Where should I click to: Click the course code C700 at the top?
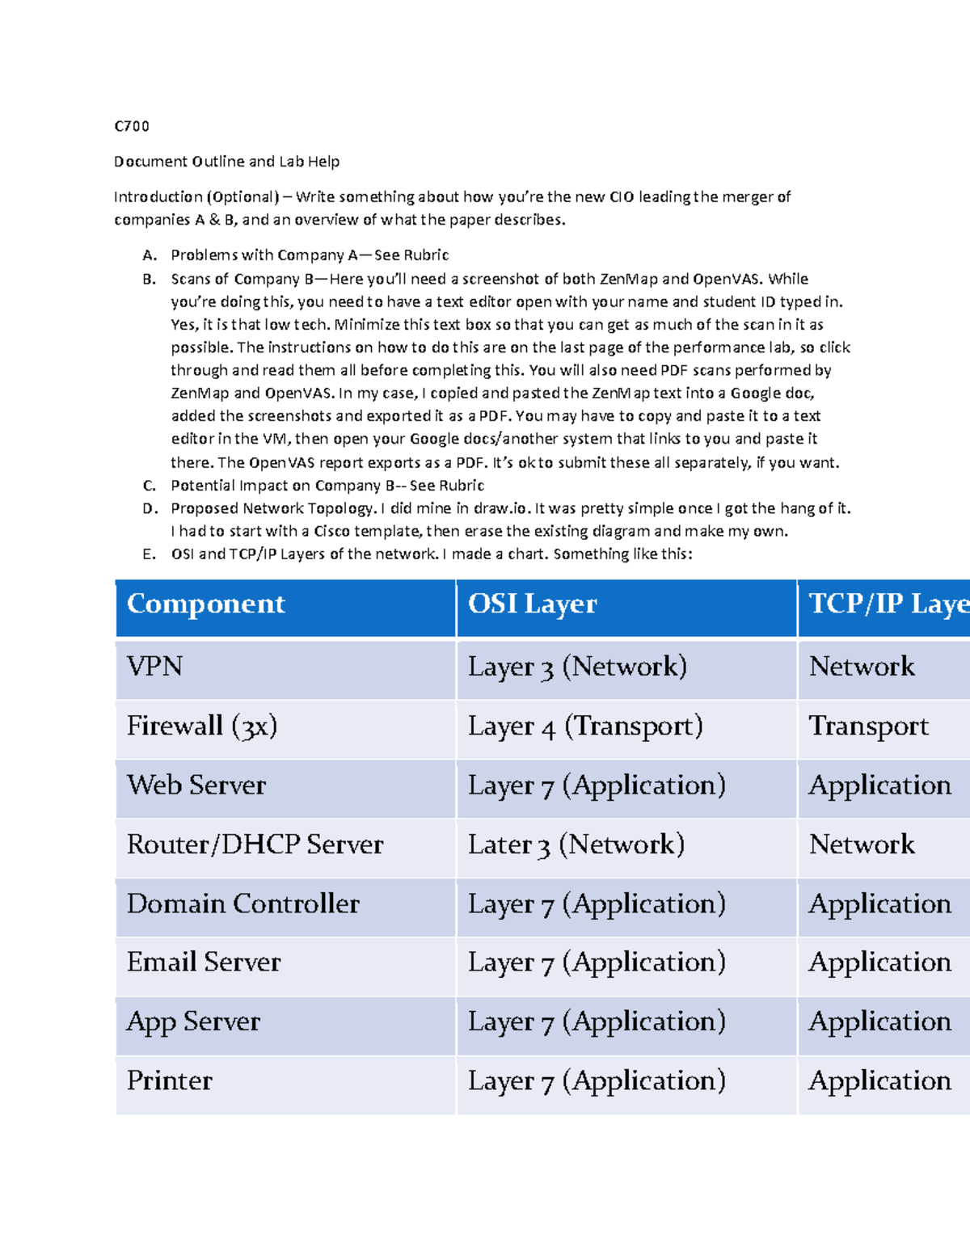tap(132, 126)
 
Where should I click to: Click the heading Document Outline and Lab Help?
tap(226, 162)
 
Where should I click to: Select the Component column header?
tap(206, 604)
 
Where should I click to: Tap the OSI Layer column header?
tap(532, 604)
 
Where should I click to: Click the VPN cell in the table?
tap(155, 667)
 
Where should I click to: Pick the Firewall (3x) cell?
tap(202, 726)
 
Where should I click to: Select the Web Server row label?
tap(196, 785)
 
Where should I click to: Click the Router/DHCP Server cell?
tap(255, 844)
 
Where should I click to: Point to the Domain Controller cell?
tap(242, 903)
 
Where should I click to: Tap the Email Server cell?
tap(204, 962)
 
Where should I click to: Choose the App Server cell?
tap(193, 1022)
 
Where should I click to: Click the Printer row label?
tap(170, 1081)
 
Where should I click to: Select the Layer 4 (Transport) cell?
tap(585, 726)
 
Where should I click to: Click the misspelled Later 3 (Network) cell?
tap(576, 844)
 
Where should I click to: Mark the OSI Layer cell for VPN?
tap(577, 667)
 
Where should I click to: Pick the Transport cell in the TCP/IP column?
tap(869, 726)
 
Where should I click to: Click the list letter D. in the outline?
tap(150, 509)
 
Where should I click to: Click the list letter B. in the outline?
tap(149, 280)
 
